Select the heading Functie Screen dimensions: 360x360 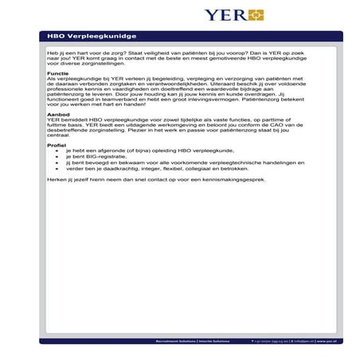57,73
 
